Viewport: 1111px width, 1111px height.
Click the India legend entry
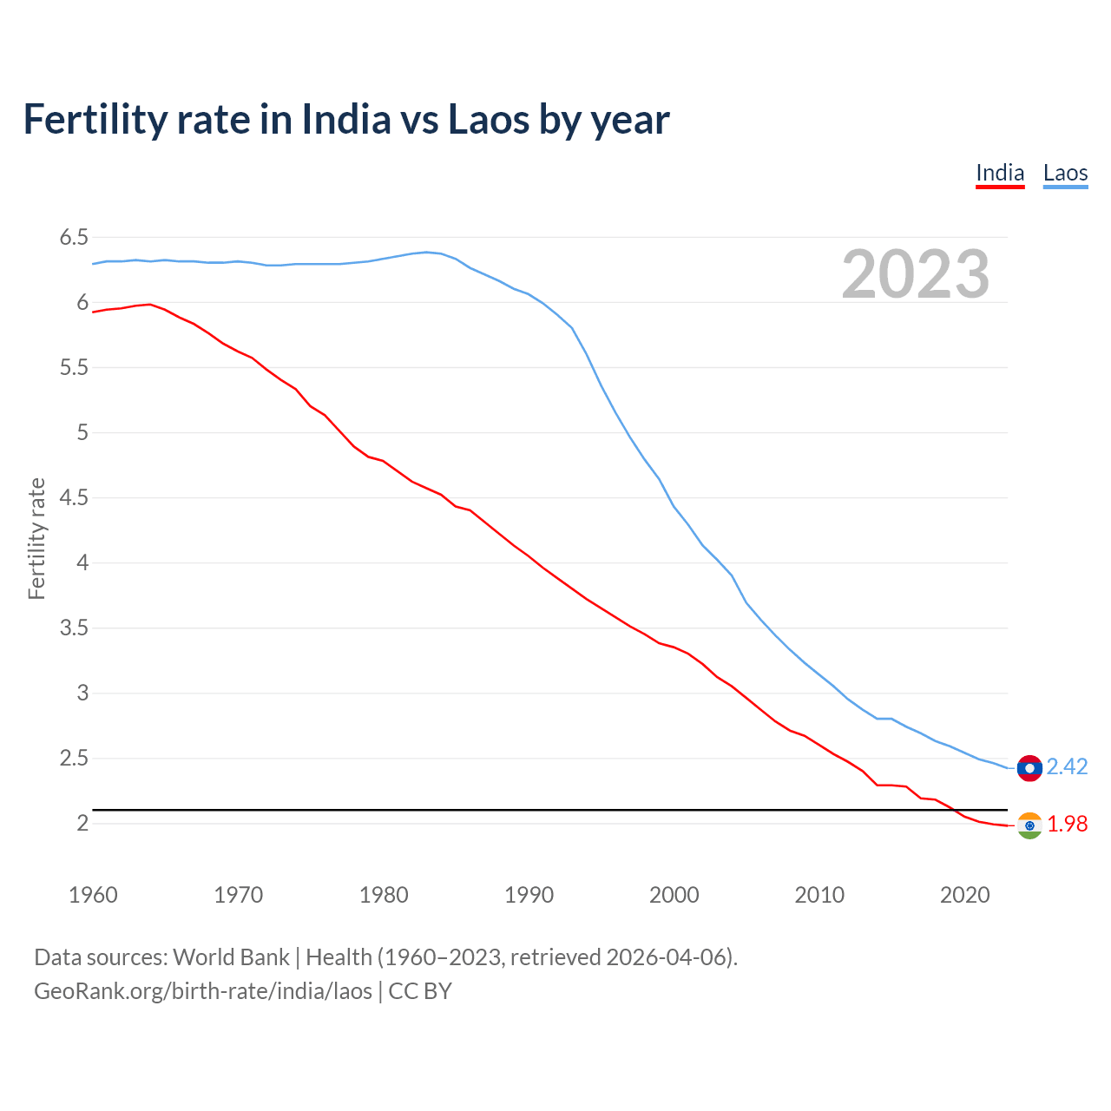(x=1000, y=173)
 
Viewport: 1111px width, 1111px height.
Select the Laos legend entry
(x=1065, y=173)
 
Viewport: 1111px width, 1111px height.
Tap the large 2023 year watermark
(x=915, y=274)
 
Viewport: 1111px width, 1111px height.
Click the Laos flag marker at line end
(x=1029, y=768)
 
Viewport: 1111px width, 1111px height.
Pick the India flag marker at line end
(x=1029, y=825)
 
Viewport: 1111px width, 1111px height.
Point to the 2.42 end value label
(x=1067, y=766)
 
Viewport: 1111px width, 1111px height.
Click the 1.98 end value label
(x=1067, y=824)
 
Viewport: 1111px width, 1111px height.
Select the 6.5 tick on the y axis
(x=74, y=237)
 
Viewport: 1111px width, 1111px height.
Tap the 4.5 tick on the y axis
(x=74, y=497)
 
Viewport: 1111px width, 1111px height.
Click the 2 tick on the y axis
(x=82, y=823)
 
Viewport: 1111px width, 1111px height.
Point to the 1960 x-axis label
(x=93, y=895)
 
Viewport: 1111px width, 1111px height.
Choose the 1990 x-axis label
(x=529, y=895)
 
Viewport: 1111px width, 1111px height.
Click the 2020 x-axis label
(x=964, y=895)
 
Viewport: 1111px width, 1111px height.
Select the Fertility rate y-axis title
(x=36, y=538)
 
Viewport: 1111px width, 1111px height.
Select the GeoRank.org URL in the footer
(x=203, y=991)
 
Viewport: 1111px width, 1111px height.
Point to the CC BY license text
(x=420, y=991)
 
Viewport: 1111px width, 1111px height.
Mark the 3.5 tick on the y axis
(x=74, y=628)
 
